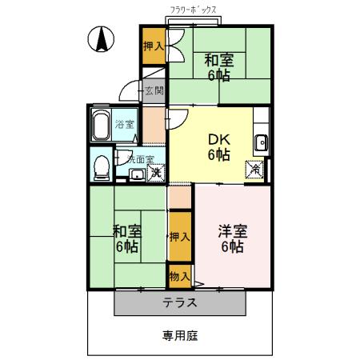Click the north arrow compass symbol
pyautogui.click(x=102, y=40)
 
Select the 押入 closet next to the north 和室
pyautogui.click(x=154, y=47)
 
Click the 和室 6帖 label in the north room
pyautogui.click(x=217, y=66)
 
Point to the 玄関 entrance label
pyautogui.click(x=154, y=91)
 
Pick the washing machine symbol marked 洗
pyautogui.click(x=157, y=173)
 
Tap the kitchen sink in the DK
pyautogui.click(x=261, y=144)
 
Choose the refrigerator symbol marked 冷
pyautogui.click(x=254, y=170)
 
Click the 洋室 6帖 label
pyautogui.click(x=232, y=239)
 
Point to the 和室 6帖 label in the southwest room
pyautogui.click(x=128, y=238)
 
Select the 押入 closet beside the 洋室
pyautogui.click(x=180, y=237)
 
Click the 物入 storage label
pyautogui.click(x=180, y=277)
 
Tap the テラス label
pyautogui.click(x=180, y=303)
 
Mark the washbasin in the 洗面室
pyautogui.click(x=137, y=174)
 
